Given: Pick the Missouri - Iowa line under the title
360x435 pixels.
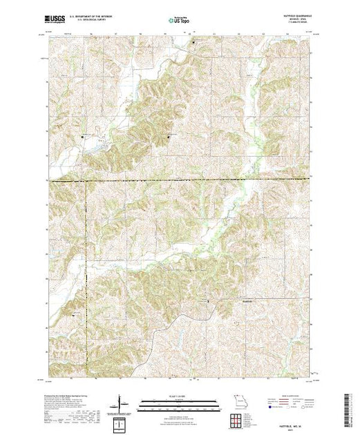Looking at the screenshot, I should click(286, 19).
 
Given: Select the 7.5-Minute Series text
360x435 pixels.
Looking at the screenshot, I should click(286, 22).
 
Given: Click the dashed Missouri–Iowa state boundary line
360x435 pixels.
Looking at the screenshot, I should click(207, 180).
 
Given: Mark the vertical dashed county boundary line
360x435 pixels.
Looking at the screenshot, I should click(86, 276).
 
